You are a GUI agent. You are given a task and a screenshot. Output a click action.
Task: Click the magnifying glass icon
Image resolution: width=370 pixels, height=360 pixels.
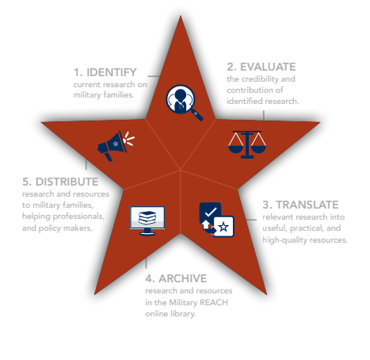[x=185, y=102]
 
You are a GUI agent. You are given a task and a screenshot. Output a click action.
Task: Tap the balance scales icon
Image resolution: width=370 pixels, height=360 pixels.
[x=247, y=144]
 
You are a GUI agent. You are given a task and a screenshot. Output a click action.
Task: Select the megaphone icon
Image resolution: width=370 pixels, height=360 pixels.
[x=116, y=146]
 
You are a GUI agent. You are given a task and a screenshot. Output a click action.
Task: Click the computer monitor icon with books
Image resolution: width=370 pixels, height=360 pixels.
[x=147, y=220]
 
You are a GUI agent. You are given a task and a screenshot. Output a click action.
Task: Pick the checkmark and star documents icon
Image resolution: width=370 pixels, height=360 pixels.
[x=216, y=220]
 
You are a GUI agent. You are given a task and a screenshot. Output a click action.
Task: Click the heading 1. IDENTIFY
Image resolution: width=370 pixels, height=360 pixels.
[x=105, y=72]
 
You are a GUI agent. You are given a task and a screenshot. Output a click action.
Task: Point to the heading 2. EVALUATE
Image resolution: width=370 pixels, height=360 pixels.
[x=261, y=67]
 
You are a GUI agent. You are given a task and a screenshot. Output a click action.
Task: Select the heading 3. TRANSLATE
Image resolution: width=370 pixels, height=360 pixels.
[x=300, y=205]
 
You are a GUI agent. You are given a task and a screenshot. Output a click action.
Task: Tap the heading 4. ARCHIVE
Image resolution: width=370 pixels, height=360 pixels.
[x=176, y=278]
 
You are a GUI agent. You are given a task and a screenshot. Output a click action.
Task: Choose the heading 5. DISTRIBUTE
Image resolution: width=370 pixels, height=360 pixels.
[x=60, y=182]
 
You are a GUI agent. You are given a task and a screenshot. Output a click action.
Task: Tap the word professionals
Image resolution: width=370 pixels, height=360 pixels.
[x=78, y=216]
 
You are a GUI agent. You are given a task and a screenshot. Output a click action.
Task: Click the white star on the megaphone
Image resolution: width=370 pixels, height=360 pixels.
[x=116, y=144]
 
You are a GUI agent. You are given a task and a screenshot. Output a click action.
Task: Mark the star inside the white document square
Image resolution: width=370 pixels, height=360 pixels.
[x=223, y=227]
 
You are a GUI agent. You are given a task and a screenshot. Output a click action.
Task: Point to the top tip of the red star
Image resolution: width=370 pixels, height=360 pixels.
[x=181, y=16]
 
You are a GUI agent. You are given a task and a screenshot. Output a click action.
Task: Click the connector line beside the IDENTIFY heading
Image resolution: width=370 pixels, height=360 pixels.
[x=154, y=76]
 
